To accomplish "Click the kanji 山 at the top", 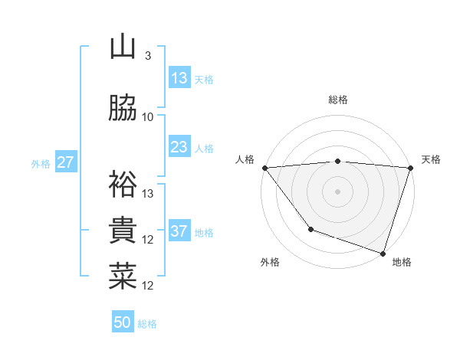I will [123, 48].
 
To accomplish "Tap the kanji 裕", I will [123, 185].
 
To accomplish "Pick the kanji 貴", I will [123, 231].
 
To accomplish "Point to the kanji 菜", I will [123, 277].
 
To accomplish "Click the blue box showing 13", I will [179, 78].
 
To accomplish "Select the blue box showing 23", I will [179, 147].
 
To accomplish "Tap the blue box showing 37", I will [179, 231].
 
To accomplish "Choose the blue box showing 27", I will [65, 162].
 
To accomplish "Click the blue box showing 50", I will [123, 322].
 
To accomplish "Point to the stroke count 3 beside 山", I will [148, 56].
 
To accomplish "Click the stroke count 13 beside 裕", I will [148, 194].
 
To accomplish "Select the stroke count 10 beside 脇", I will [148, 117].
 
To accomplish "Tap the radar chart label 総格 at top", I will [338, 100].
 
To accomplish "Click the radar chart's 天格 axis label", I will [431, 159].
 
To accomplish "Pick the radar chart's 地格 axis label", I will [402, 263].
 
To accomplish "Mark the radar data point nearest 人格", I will [264, 168].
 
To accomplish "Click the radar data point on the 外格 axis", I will [310, 229].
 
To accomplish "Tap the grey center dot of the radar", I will [338, 191].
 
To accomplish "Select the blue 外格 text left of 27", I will [41, 163].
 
